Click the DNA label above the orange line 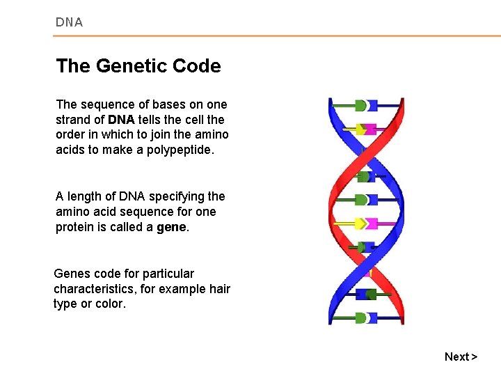coord(69,22)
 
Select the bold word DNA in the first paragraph coord(121,119)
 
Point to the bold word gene coord(172,227)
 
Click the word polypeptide coord(177,150)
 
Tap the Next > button coord(461,357)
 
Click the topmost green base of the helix coord(360,106)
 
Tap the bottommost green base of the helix coord(360,318)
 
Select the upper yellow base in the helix coord(360,129)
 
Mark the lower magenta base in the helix coord(372,224)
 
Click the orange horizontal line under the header coord(278,36)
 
